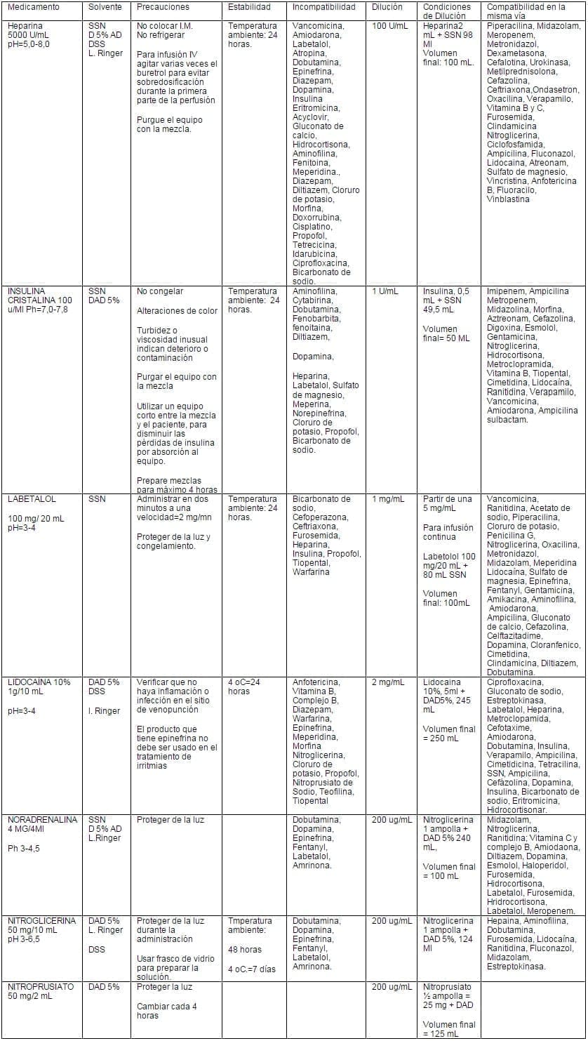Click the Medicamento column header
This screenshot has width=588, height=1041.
coord(33,7)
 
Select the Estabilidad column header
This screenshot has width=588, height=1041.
coord(249,7)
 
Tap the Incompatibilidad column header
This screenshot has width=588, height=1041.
coord(324,7)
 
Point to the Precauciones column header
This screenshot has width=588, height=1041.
coord(163,7)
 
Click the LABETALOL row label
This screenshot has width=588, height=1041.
coord(32,499)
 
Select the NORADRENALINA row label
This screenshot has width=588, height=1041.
coord(42,820)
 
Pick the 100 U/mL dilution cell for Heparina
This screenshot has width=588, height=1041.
coord(390,26)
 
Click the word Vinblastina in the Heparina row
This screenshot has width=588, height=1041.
coord(508,199)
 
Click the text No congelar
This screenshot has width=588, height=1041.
coord(160,291)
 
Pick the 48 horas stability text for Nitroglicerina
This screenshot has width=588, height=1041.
coord(245,950)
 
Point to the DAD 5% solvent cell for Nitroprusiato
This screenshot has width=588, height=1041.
coord(104,987)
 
